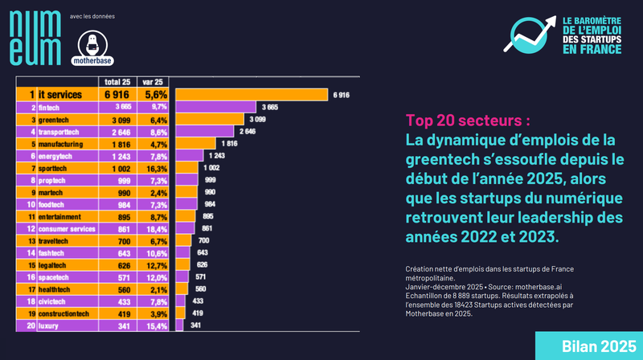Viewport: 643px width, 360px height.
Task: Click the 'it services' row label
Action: (61, 95)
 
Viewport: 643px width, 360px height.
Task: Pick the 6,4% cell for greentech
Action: (158, 119)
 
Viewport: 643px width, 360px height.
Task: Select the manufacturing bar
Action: (196, 143)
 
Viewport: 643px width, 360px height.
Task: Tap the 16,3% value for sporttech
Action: (157, 168)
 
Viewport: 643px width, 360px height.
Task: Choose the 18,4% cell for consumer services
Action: (157, 229)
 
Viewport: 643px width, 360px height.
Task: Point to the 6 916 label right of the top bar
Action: (341, 95)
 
